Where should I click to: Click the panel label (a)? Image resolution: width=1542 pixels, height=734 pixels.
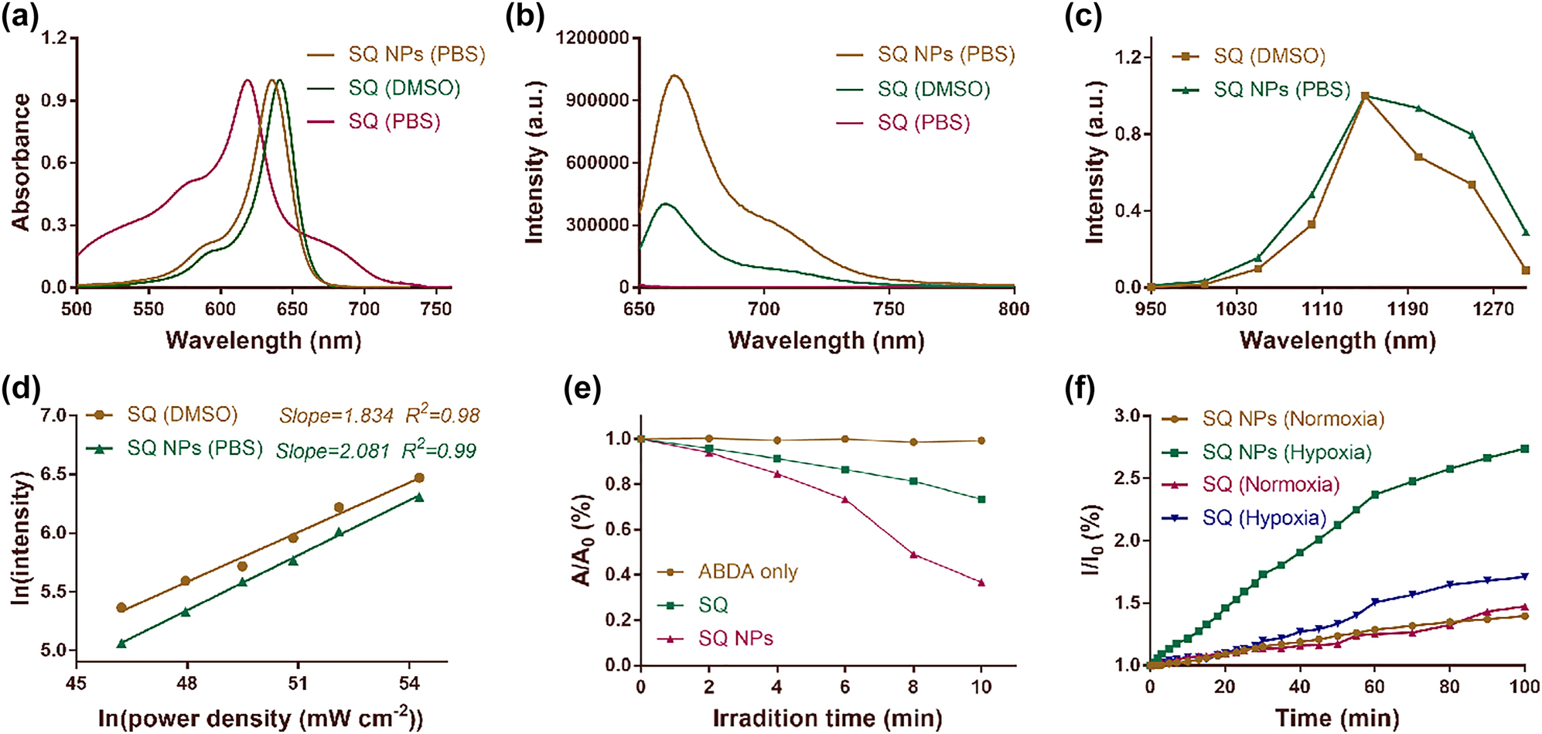[x=20, y=16]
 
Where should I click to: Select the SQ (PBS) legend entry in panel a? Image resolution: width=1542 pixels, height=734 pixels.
[x=394, y=122]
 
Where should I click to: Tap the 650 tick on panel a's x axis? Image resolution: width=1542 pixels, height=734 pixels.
[x=292, y=309]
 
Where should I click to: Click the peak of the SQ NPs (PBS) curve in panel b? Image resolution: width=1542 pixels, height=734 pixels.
[x=674, y=76]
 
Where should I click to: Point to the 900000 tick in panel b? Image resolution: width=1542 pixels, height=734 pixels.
[x=596, y=100]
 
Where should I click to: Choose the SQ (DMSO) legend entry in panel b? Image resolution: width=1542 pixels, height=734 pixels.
[x=933, y=89]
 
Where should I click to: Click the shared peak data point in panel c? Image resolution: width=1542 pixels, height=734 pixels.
[x=1365, y=96]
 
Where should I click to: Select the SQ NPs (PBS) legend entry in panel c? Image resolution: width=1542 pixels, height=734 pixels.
[x=1281, y=90]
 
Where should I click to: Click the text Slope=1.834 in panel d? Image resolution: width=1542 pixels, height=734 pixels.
[x=336, y=416]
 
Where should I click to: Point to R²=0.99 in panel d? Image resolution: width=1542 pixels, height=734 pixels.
[x=438, y=450]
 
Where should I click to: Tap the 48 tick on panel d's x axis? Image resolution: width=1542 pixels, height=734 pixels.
[x=186, y=684]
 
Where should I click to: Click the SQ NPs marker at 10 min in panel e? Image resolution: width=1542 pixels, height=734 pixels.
[x=981, y=582]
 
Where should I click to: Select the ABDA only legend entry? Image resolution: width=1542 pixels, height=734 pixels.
[x=747, y=572]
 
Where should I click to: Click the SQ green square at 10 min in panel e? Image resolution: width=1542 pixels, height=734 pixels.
[x=981, y=500]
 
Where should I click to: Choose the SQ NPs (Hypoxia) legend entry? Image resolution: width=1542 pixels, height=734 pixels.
[x=1286, y=452]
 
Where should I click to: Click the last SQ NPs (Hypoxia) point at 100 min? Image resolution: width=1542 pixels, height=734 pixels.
[x=1524, y=449]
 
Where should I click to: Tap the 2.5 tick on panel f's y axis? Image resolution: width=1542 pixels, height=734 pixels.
[x=1128, y=478]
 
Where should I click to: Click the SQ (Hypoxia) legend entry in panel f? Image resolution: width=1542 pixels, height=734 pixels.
[x=1264, y=517]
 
